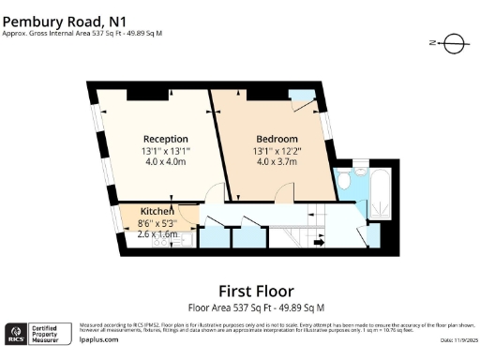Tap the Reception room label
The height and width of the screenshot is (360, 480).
[x=165, y=139]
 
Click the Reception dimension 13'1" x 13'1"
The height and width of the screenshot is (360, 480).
[x=165, y=150]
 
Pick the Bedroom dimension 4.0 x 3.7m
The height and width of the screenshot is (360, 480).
[x=275, y=161]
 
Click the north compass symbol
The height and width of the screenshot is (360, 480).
[x=451, y=43]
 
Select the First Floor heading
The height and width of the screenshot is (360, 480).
[x=256, y=291]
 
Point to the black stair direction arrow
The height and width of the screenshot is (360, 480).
[x=319, y=243]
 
